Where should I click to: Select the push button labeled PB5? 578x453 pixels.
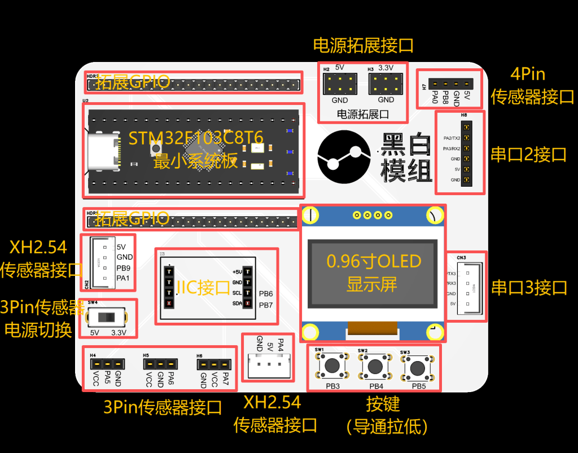coord(418,368)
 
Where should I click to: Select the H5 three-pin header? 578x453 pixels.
coord(160,364)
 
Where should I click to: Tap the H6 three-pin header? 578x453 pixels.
coord(214,364)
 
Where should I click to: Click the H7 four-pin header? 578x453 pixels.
coord(450,85)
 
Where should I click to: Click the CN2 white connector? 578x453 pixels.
coord(102,262)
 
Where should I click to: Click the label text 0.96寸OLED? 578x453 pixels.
coord(374,262)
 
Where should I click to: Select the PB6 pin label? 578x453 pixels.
coord(266,294)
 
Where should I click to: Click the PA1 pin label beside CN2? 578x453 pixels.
coord(124,278)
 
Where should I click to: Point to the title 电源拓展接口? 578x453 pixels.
coord(364,45)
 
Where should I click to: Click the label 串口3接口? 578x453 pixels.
coord(529,288)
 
